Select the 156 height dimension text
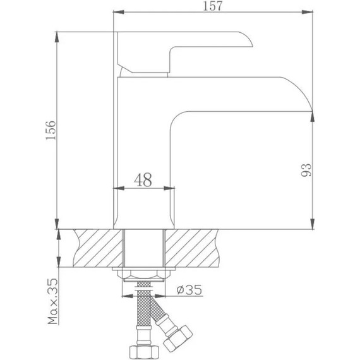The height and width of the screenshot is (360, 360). coord(52,129)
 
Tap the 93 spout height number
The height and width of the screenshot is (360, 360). coord(306,169)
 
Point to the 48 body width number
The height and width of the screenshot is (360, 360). coord(143,180)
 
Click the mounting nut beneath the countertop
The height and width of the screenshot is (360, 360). coord(143,276)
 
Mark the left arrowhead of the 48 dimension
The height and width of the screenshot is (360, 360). coord(116,188)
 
